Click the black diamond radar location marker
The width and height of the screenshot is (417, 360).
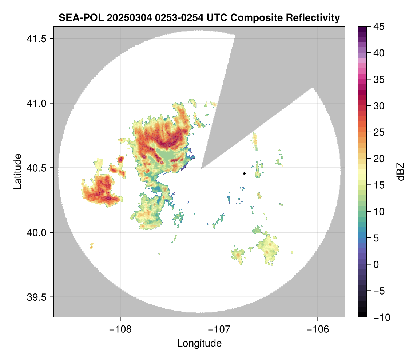(x=244, y=173)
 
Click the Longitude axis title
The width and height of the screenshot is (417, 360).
(x=199, y=343)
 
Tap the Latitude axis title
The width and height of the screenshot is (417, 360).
(x=17, y=171)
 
